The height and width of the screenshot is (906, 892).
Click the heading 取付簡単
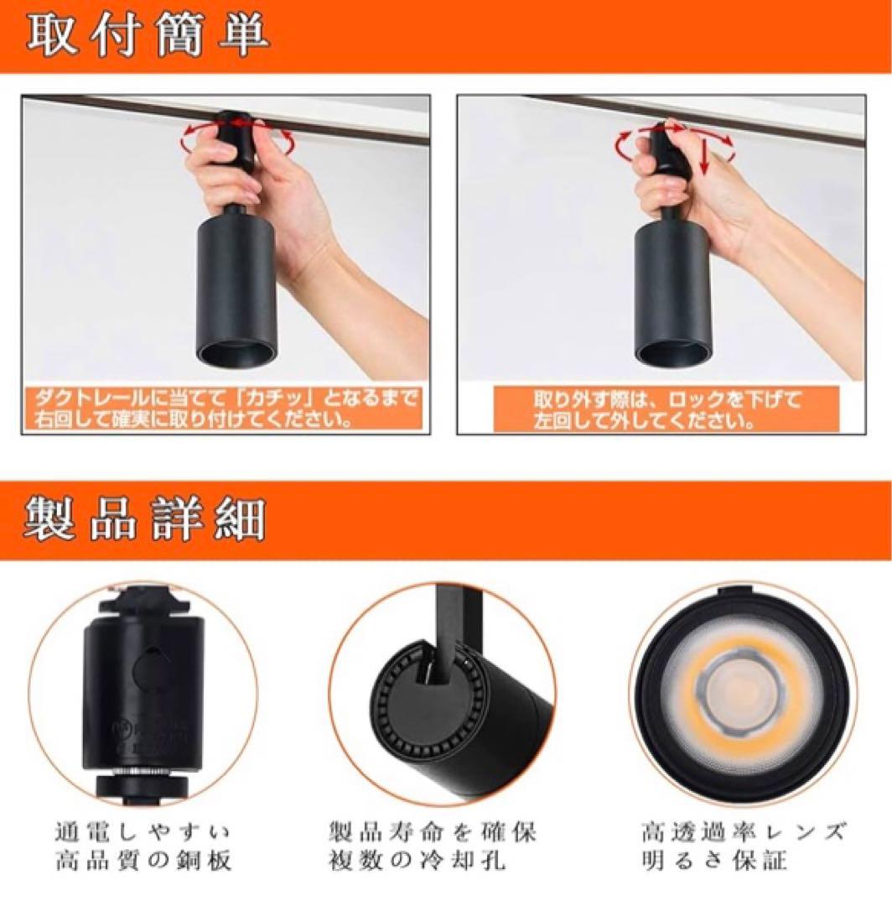[148, 36]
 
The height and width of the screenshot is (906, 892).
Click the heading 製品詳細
[144, 518]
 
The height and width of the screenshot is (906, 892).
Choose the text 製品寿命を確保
[433, 832]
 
